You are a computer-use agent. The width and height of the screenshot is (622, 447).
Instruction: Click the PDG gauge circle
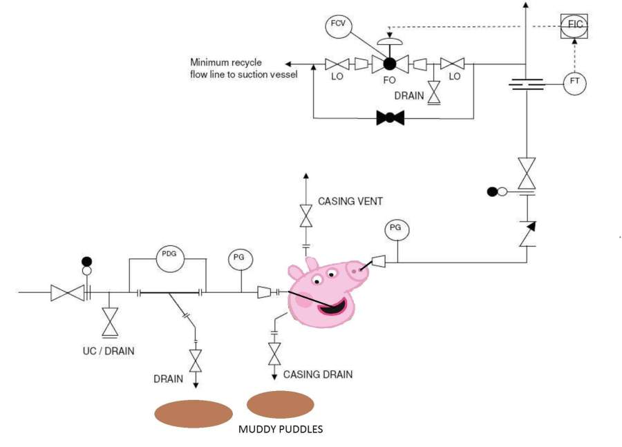click(168, 254)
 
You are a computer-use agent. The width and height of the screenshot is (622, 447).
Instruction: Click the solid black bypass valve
click(390, 118)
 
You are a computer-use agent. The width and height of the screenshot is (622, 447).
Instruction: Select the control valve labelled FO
click(389, 64)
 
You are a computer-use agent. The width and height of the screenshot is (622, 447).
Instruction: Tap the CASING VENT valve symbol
click(305, 216)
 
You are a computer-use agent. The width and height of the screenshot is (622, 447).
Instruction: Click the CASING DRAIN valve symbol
click(274, 353)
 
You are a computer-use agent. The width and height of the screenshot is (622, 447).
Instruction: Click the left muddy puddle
click(193, 413)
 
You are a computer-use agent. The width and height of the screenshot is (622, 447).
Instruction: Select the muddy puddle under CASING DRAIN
click(280, 404)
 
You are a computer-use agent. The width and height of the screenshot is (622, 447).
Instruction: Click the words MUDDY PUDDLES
click(281, 429)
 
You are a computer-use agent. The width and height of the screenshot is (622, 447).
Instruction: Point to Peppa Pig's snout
click(358, 269)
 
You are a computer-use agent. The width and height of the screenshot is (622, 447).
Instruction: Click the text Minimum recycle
click(226, 62)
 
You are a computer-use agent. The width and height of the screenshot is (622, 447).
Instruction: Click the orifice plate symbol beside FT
click(527, 83)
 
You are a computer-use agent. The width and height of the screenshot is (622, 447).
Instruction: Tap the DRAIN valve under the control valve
click(434, 92)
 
